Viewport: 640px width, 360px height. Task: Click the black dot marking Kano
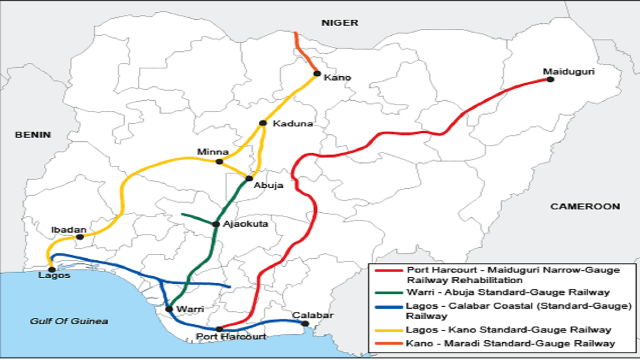pos(317,74)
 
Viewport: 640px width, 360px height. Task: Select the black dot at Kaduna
pos(263,123)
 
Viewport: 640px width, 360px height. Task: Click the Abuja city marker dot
pos(249,178)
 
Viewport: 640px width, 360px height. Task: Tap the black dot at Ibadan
pos(81,236)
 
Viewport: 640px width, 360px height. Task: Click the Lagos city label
pos(54,276)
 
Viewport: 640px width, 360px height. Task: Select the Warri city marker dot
pos(169,309)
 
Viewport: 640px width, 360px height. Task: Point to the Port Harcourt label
pos(230,337)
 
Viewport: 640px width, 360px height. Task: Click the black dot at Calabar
pos(305,323)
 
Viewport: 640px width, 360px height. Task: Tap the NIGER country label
pos(339,23)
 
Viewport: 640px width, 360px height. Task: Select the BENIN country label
pos(33,134)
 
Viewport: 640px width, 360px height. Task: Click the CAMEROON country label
pos(585,206)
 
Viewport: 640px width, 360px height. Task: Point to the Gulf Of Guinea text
pos(69,321)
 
